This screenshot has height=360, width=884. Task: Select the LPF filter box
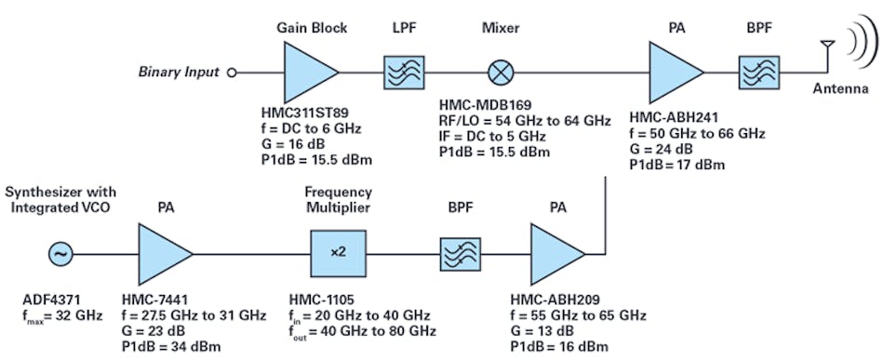pos(403,71)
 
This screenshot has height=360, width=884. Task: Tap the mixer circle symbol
pos(502,71)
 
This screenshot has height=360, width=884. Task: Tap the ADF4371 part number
pos(54,300)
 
